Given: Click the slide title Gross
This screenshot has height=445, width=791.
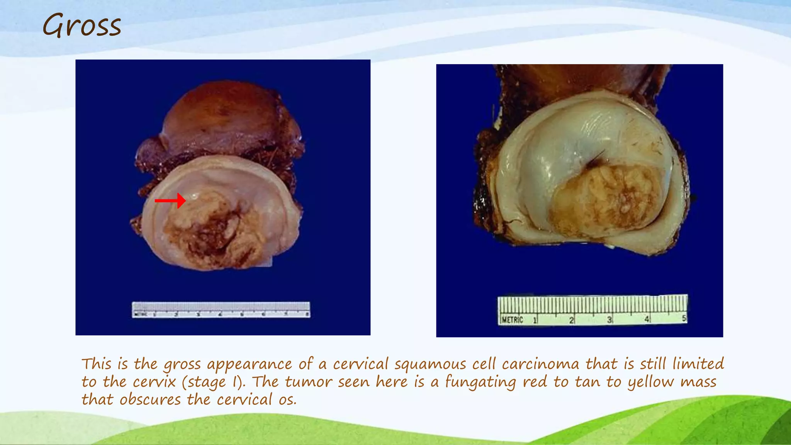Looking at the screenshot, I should tap(82, 25).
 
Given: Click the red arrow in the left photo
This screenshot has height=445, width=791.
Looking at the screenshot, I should tap(170, 200).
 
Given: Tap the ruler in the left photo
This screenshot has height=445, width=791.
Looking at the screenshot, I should tap(221, 310).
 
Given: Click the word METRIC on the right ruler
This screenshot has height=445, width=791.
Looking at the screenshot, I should tap(513, 320).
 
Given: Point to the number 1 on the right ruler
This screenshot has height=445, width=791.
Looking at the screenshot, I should tap(535, 320).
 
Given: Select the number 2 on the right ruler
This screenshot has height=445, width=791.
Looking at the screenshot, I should tap(571, 320).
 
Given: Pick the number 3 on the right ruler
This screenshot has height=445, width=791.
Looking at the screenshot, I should tap(609, 320).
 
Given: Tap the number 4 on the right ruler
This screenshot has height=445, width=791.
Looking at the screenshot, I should tap(647, 319).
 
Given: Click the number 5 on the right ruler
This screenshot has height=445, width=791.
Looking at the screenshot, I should tap(684, 319).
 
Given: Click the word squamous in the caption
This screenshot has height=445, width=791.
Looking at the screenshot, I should tap(430, 364).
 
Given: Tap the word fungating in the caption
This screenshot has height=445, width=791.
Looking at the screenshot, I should tap(480, 382).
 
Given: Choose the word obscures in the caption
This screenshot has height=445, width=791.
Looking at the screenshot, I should tap(150, 399).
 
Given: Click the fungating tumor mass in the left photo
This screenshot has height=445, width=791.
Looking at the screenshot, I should tap(212, 232).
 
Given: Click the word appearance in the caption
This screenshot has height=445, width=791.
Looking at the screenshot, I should tap(250, 364).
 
